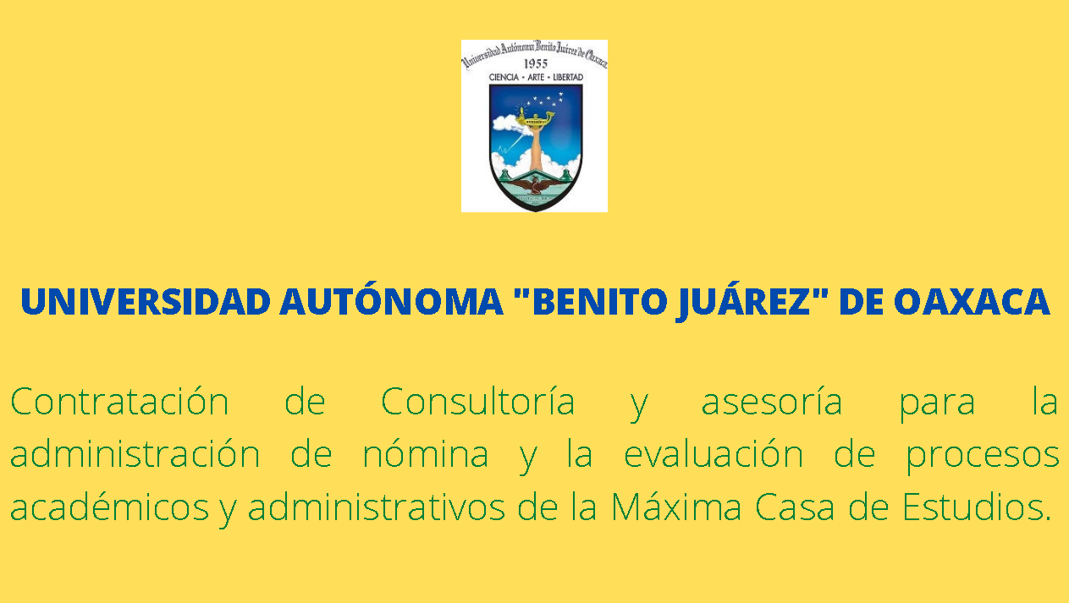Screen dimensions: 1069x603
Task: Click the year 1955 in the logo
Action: [x=536, y=64]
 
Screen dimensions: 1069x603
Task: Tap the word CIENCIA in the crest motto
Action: [x=504, y=77]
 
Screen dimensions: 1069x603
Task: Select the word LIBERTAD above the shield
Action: [x=568, y=77]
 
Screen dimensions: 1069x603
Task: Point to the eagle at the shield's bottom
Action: [x=535, y=185]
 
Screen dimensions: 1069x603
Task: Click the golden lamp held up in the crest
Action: [x=535, y=119]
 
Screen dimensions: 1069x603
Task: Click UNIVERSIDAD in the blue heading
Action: [x=146, y=302]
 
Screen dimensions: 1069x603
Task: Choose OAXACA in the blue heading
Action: [x=971, y=302]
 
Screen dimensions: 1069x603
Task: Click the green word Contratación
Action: [x=120, y=402]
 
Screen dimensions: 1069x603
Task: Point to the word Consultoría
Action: [x=477, y=401]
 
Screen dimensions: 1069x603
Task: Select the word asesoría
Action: [x=772, y=403]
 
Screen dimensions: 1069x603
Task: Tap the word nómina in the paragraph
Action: [x=426, y=454]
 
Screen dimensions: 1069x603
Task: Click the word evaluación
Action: [x=714, y=454]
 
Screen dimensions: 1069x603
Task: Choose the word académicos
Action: [x=110, y=506]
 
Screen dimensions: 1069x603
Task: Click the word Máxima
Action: [x=676, y=506]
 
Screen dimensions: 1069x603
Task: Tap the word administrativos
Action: [x=377, y=507]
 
